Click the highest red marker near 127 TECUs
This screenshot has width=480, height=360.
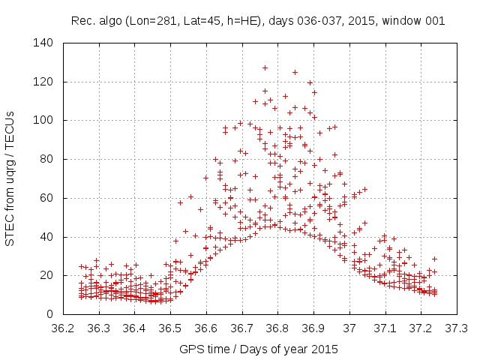pos(265,68)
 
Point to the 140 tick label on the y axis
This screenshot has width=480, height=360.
pos(43,43)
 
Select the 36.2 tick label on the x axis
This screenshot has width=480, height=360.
pos(63,328)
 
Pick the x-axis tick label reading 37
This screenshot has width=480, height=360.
pos(349,328)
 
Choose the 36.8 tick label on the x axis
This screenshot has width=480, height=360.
pos(277,328)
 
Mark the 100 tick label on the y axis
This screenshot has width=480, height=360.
pos(43,120)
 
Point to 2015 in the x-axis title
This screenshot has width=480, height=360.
pos(325,349)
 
